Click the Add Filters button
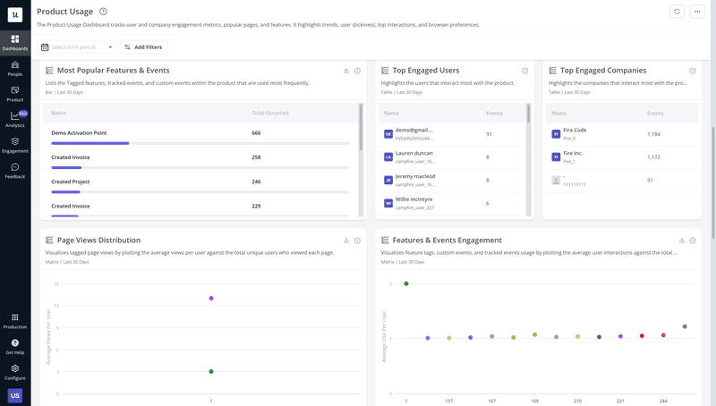tap(143, 47)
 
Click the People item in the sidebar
tap(15, 68)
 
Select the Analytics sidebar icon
tap(15, 119)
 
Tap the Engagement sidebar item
tap(15, 145)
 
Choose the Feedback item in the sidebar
tap(15, 170)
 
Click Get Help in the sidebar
tap(15, 346)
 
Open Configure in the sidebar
tap(15, 371)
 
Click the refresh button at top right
tap(677, 12)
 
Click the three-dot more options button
tap(698, 12)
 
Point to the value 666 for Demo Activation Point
tap(256, 132)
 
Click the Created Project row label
tap(71, 182)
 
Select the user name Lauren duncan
tap(413, 153)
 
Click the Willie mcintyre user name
tap(413, 199)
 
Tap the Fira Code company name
tap(575, 130)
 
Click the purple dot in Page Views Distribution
tap(211, 298)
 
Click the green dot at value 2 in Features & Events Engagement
tap(406, 283)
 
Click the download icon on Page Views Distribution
tap(346, 241)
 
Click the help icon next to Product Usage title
tap(104, 12)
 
